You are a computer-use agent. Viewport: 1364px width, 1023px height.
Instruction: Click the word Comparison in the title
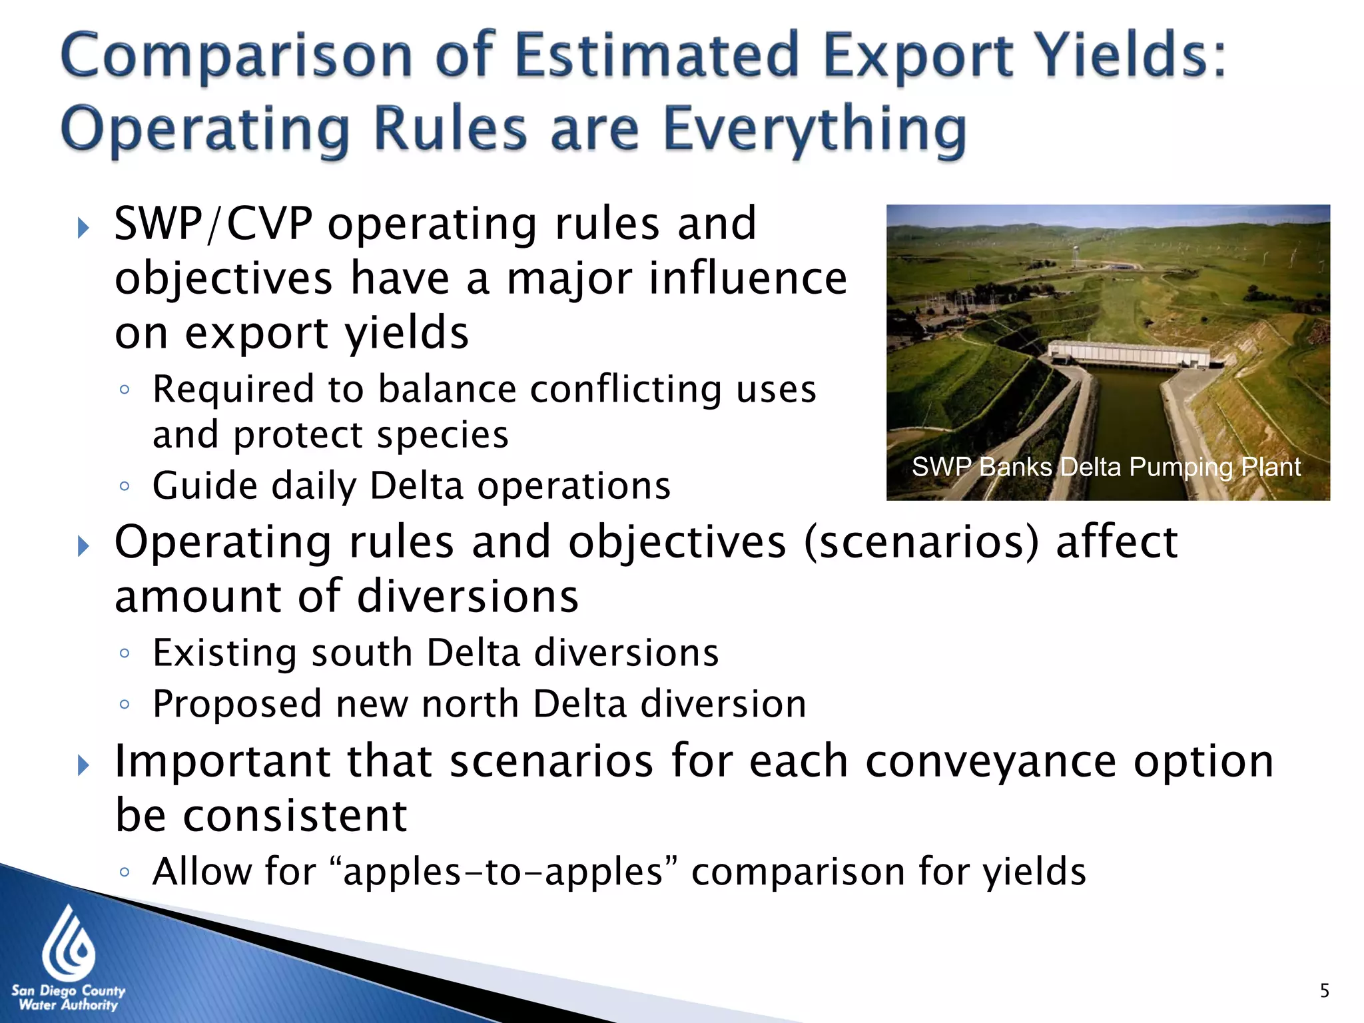tap(236, 57)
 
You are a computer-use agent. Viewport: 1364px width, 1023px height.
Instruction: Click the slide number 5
tap(1324, 990)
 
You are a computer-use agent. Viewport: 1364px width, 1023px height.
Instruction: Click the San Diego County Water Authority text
tap(68, 998)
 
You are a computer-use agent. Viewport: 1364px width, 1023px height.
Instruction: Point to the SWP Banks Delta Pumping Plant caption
tap(1106, 467)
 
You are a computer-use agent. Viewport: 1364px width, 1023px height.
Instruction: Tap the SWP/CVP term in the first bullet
tap(213, 224)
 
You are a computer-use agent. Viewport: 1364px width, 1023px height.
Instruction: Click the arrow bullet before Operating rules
tap(83, 547)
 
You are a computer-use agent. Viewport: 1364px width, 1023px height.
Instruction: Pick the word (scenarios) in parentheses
tap(921, 542)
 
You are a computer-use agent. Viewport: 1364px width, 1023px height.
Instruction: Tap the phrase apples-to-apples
tap(503, 871)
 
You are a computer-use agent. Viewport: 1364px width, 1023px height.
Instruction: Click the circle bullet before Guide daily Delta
tap(125, 486)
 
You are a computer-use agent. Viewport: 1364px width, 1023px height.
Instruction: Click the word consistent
tap(295, 816)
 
